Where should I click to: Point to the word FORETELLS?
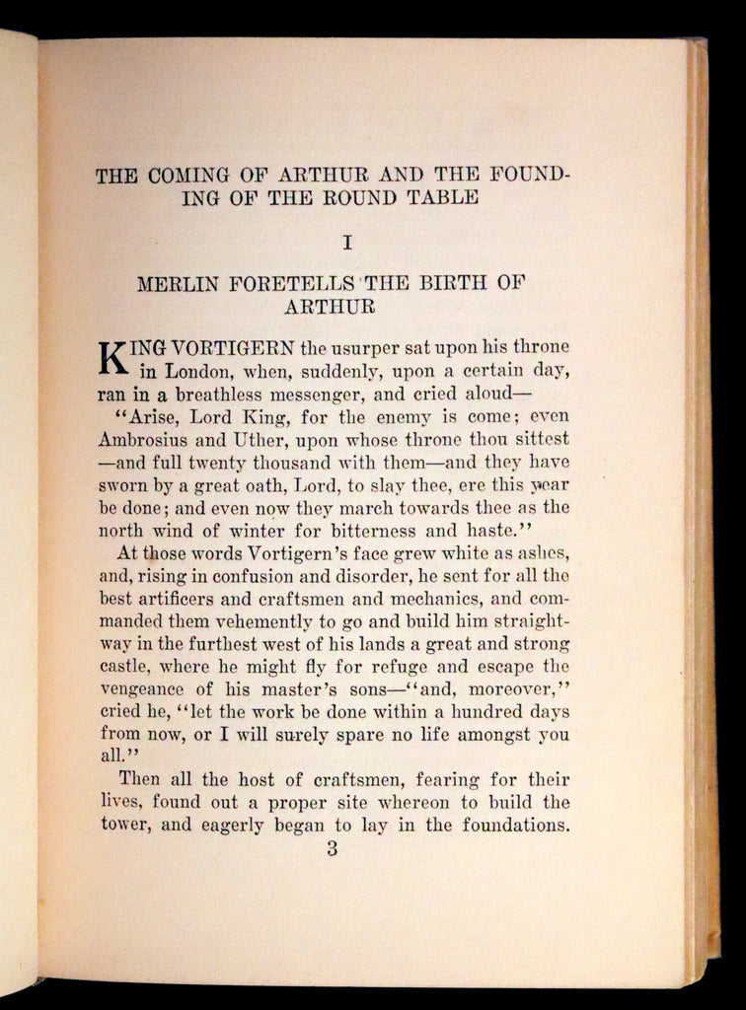click(298, 285)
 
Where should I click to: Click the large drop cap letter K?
click(115, 359)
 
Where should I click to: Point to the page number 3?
click(332, 849)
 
